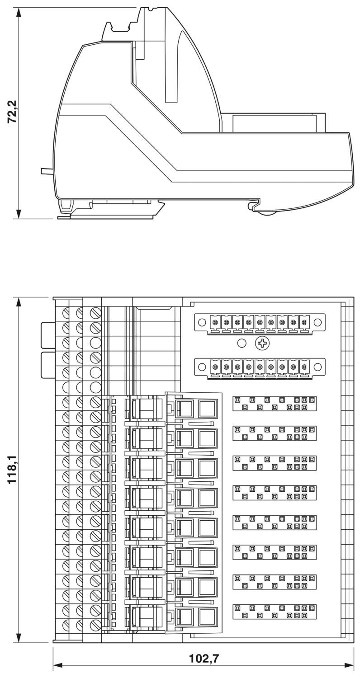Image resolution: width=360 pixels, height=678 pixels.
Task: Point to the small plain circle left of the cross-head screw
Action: (x=242, y=343)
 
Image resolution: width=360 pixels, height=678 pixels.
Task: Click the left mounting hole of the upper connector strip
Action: (x=202, y=322)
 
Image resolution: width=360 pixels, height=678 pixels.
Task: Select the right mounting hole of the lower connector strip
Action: (x=317, y=367)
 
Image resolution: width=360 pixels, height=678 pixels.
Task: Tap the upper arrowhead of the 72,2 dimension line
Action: (x=19, y=13)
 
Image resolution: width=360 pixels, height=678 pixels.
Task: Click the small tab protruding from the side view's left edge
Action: (x=47, y=171)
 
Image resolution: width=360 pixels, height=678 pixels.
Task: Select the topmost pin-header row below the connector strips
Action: (x=275, y=404)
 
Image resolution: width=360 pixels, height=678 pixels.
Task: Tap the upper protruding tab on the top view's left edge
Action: (x=47, y=335)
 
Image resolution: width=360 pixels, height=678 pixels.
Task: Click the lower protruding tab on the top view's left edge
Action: (x=47, y=365)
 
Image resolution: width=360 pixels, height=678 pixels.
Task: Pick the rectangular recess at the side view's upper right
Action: (x=275, y=123)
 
